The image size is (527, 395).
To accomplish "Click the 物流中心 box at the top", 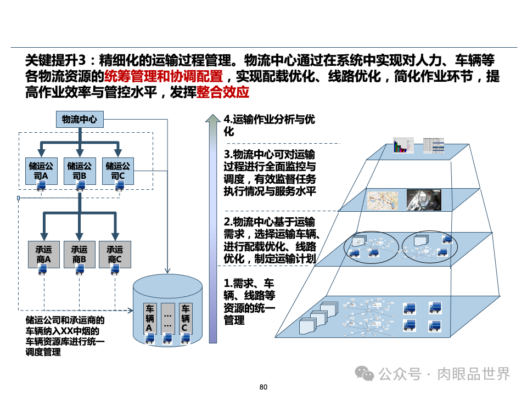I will [80, 119].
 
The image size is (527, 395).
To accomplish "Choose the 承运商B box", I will [79, 253].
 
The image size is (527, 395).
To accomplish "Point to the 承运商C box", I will [115, 253].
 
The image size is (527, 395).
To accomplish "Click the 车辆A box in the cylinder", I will [149, 318].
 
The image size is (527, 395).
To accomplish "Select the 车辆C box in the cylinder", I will [186, 318].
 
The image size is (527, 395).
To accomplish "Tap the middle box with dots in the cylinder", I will [167, 318].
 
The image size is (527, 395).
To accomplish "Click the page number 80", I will [263, 387].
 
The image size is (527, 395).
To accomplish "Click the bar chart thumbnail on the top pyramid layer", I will [402, 146].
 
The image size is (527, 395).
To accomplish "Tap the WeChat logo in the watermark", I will [364, 374].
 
